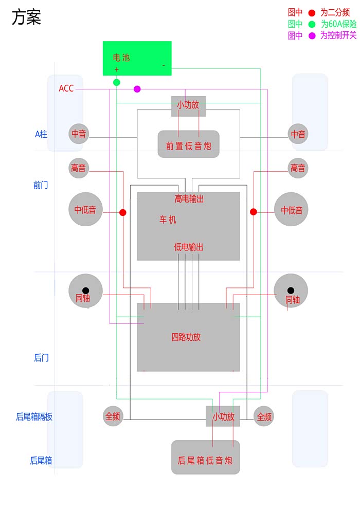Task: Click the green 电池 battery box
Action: (137, 58)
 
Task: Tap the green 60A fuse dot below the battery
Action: (117, 82)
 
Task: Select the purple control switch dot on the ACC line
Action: (137, 89)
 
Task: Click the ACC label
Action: (66, 88)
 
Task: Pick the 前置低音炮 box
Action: (188, 144)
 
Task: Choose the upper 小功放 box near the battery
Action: (188, 105)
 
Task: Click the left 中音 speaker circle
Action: (79, 134)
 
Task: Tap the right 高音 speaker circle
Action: (298, 168)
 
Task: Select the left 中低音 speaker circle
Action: (85, 209)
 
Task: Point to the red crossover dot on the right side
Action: (254, 212)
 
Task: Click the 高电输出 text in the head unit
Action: (189, 199)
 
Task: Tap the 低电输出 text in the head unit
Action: (188, 247)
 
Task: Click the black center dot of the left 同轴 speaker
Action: (86, 290)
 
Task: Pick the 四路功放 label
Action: (186, 337)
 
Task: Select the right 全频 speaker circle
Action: (264, 416)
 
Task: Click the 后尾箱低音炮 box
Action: (205, 457)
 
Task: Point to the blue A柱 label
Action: (41, 134)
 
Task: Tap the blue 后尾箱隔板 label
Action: (34, 417)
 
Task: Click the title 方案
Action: (26, 18)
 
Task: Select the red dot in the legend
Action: (312, 13)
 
